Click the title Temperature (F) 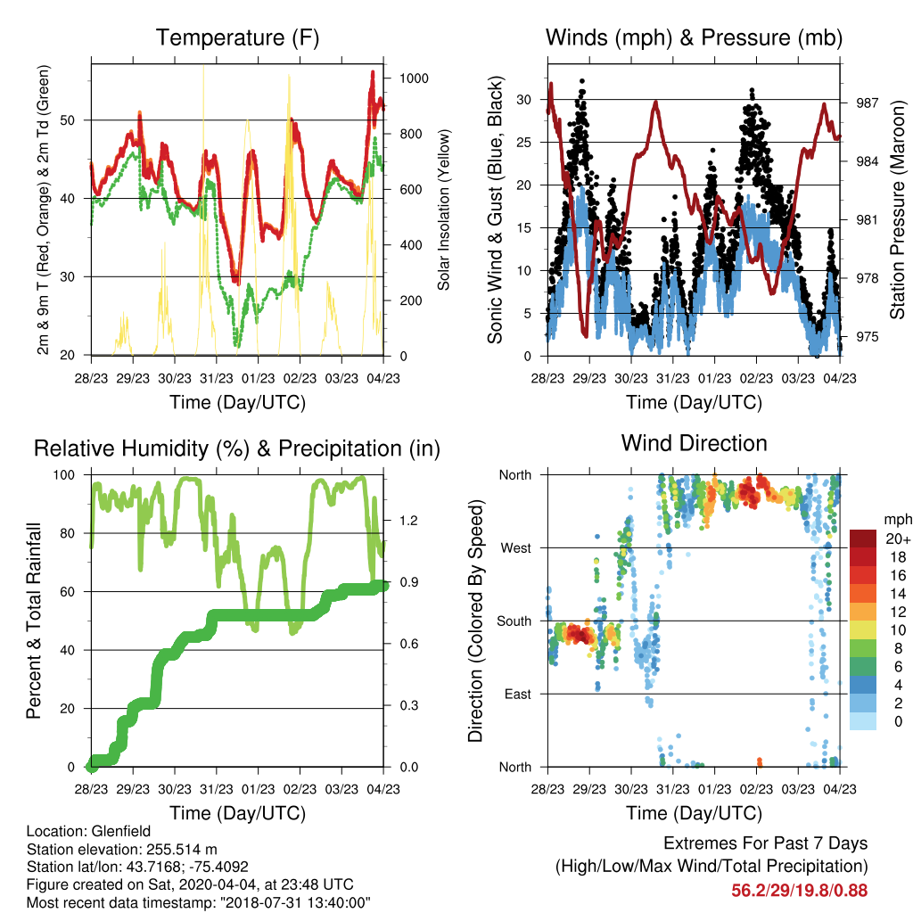tap(237, 37)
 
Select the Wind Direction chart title tap(694, 443)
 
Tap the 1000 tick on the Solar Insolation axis tap(414, 78)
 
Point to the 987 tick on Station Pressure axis tap(867, 103)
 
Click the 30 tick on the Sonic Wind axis tap(524, 100)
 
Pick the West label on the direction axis tap(516, 548)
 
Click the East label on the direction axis tap(518, 694)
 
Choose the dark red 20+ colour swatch tap(863, 539)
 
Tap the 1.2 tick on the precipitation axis tap(408, 521)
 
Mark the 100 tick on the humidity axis tap(64, 475)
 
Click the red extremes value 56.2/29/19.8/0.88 tap(800, 891)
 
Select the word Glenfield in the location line tap(121, 831)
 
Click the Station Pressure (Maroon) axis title tap(897, 210)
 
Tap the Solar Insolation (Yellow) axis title tap(444, 210)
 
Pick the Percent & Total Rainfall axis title tap(34, 621)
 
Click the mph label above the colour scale tap(898, 520)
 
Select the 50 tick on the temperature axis tap(68, 120)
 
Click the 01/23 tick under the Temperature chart tap(258, 378)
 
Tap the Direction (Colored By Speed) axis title tap(476, 621)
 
